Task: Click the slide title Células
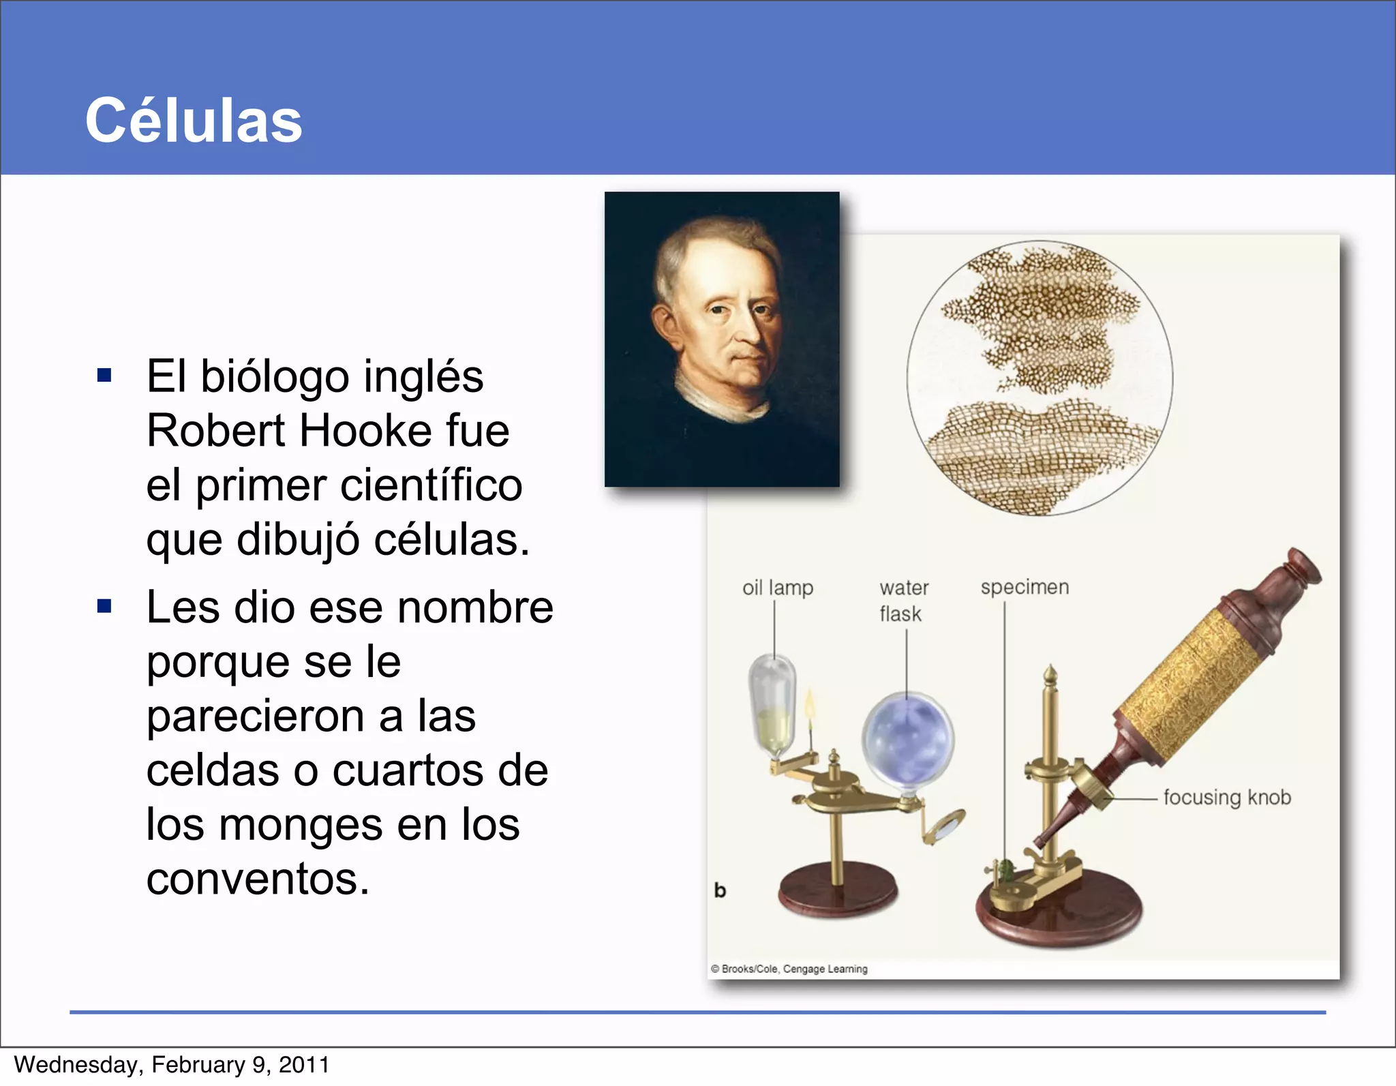coord(194,121)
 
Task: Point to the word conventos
coord(257,879)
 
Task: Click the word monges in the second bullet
coord(301,825)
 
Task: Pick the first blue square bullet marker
coord(104,375)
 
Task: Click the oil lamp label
coord(778,588)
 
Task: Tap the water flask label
coord(903,601)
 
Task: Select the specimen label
coord(1025,587)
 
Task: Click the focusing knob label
coord(1227,797)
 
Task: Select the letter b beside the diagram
coord(720,890)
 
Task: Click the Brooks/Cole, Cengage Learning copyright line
coord(789,969)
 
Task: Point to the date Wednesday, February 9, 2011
coord(172,1065)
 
